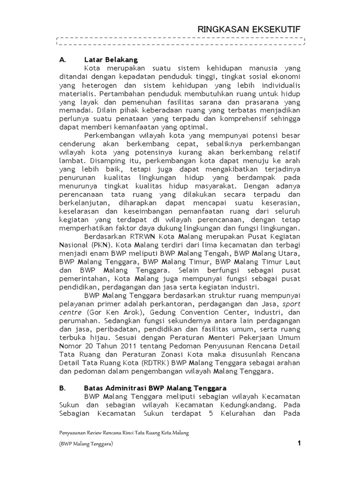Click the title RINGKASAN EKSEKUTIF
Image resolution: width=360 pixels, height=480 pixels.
[x=248, y=30]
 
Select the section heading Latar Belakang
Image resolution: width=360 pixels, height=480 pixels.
[x=111, y=60]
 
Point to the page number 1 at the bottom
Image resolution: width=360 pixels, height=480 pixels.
[x=299, y=444]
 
